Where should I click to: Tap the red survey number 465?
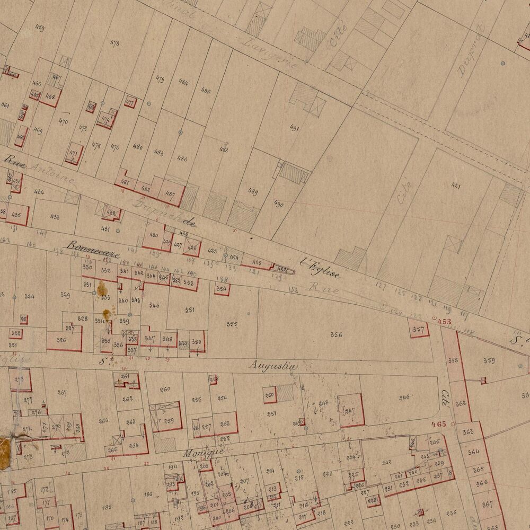(439, 424)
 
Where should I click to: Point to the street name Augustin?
(273, 366)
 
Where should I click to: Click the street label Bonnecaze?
(93, 249)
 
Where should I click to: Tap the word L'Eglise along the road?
(320, 267)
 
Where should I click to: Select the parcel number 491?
(295, 128)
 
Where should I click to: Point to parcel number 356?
(336, 334)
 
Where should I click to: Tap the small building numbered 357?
(419, 329)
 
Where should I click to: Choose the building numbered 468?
(50, 97)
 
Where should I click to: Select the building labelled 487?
(170, 194)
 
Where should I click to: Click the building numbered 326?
(61, 340)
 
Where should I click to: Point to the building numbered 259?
(169, 421)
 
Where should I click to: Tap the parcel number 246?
(404, 397)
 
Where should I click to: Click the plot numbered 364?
(473, 452)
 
